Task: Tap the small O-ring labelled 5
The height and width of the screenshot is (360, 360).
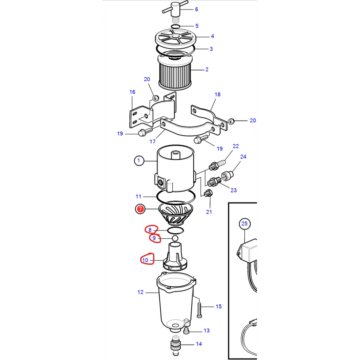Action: (x=176, y=27)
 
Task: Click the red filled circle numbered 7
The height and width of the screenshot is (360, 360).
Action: (x=140, y=209)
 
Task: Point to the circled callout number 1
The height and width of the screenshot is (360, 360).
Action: (x=139, y=160)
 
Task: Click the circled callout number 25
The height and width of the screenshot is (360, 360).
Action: (x=245, y=224)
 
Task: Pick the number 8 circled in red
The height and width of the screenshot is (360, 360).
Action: (x=150, y=230)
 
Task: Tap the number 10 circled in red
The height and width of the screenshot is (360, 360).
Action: (x=145, y=260)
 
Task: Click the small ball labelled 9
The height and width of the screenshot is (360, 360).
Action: (x=175, y=238)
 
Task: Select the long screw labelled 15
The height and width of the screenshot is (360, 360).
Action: (x=200, y=310)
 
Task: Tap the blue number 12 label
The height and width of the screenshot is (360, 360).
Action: (x=141, y=292)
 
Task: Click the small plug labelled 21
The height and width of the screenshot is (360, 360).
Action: (x=208, y=193)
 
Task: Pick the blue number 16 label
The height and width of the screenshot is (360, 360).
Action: (x=133, y=92)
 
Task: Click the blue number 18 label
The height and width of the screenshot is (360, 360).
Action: (x=218, y=95)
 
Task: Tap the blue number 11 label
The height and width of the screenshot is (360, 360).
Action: (x=139, y=197)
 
